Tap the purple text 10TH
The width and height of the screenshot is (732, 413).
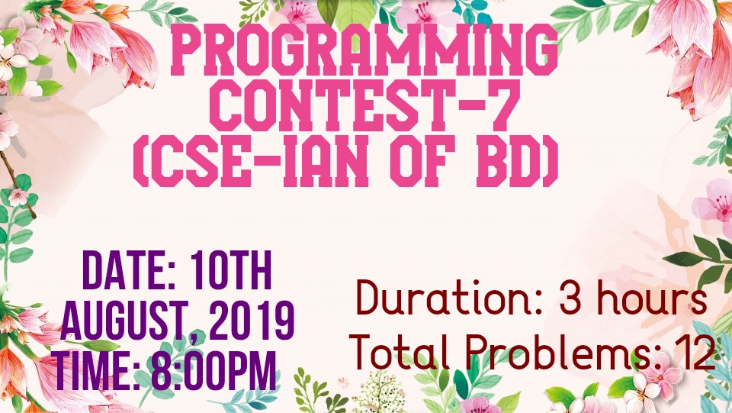tap(231, 270)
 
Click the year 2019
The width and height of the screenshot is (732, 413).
tap(251, 321)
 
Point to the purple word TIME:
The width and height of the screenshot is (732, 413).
tap(96, 372)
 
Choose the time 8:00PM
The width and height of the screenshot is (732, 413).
tap(213, 372)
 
